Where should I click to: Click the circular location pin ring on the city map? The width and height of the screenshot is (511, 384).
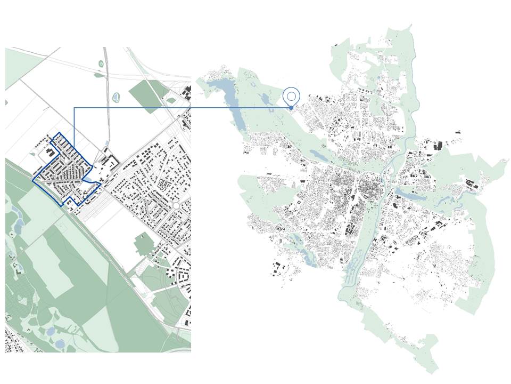click(x=291, y=96)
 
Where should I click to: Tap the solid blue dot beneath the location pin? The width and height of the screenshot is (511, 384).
click(x=291, y=108)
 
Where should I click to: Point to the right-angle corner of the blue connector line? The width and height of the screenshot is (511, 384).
click(x=74, y=108)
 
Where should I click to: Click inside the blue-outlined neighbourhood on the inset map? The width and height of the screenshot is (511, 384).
click(x=67, y=171)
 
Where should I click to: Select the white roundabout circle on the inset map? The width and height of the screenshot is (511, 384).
click(x=176, y=205)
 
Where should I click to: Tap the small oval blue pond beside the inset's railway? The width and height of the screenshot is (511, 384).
click(x=116, y=98)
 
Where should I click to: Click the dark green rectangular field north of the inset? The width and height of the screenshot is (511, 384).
click(x=149, y=93)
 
